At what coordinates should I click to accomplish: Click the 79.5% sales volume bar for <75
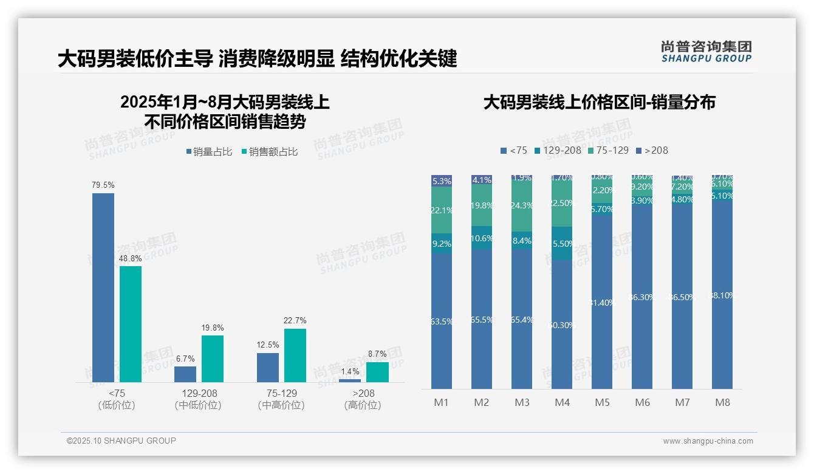click(103, 287)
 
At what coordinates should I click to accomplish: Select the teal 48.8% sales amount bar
click(131, 324)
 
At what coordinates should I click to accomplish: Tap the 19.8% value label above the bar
click(212, 328)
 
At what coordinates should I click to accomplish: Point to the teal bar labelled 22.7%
click(295, 355)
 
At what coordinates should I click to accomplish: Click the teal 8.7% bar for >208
click(377, 372)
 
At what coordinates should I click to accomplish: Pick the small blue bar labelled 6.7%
click(185, 374)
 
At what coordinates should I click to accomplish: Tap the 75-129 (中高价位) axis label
click(281, 399)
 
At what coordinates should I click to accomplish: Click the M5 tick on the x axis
click(602, 402)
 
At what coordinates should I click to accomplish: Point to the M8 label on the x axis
click(722, 402)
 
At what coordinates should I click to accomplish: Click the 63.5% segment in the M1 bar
click(442, 321)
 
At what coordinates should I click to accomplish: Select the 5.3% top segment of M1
click(442, 180)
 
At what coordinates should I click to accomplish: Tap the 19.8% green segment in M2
click(482, 206)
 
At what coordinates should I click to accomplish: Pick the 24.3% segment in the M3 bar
click(522, 206)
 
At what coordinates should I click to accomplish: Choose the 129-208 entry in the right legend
click(558, 150)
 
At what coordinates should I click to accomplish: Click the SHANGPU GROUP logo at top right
click(706, 52)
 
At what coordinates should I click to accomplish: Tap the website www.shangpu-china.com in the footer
click(708, 441)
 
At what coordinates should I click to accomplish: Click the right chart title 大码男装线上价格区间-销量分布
click(599, 102)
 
